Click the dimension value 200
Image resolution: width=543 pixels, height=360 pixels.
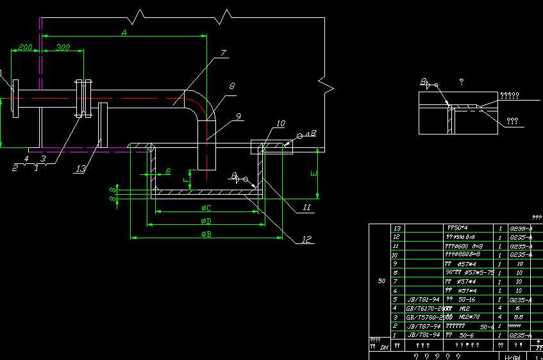[x=24, y=47]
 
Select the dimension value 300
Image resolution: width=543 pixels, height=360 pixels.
[x=63, y=47]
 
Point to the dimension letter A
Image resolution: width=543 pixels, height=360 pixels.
[x=124, y=31]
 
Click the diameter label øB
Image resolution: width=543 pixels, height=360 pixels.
[x=206, y=234]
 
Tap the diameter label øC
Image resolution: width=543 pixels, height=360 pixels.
[x=206, y=208]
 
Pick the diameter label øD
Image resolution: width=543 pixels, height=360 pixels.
[x=206, y=221]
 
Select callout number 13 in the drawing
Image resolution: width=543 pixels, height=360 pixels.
[x=79, y=168]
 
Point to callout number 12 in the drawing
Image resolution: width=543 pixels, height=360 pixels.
[x=305, y=240]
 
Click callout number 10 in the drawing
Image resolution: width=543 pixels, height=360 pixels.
[x=280, y=123]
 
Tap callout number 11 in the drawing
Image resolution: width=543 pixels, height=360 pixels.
[x=306, y=207]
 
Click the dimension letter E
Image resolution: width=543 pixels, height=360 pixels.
[x=313, y=174]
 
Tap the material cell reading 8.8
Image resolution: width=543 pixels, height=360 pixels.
[x=519, y=317]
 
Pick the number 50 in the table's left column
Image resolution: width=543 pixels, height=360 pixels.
[x=381, y=281]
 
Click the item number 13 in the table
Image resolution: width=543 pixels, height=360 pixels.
[x=397, y=228]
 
